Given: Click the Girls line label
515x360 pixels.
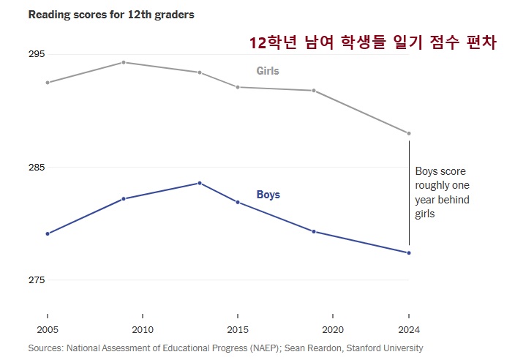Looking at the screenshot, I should [268, 71].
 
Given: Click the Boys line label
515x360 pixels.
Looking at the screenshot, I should [268, 195].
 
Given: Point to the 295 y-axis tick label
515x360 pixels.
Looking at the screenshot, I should [37, 55].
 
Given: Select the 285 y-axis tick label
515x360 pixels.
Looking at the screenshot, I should [37, 168].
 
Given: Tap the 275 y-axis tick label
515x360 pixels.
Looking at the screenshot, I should [37, 280].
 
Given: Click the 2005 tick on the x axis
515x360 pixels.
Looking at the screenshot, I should [48, 329].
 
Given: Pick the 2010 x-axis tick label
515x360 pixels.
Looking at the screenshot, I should [143, 329].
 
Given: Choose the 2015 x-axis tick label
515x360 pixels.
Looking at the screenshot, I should [238, 329].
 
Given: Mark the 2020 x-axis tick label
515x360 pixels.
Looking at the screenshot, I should [333, 329].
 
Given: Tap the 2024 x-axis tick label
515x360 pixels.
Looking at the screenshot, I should [409, 329].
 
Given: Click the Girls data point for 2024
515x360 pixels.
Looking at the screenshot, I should [409, 133].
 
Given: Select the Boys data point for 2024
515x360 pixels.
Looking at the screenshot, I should [409, 253].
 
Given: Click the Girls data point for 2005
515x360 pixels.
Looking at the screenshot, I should [48, 83].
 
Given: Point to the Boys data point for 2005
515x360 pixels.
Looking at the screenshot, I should [48, 233].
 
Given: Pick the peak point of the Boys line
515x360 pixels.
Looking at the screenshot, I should [200, 183].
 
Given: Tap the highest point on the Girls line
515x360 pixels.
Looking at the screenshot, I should [124, 62].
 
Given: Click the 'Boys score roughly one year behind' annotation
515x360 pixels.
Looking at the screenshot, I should [442, 192].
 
